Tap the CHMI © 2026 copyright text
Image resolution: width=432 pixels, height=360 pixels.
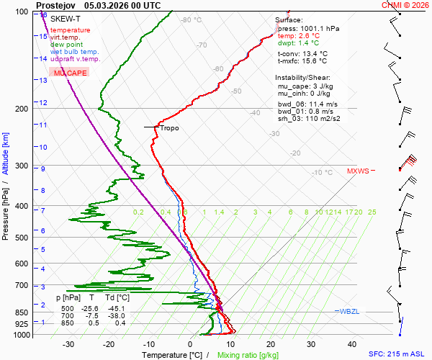click(x=405, y=4)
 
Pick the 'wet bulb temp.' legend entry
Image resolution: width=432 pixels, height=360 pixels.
click(x=75, y=52)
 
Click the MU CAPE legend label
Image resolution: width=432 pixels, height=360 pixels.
click(x=70, y=73)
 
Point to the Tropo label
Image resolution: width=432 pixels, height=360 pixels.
click(x=169, y=128)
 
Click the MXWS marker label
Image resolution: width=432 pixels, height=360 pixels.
click(x=358, y=171)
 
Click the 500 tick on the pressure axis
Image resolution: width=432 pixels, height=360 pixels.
click(x=21, y=238)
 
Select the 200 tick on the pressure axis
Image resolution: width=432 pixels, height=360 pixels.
click(x=21, y=109)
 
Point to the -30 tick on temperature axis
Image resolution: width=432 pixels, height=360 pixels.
click(x=69, y=344)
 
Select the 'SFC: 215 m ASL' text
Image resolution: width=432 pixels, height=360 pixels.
click(x=397, y=355)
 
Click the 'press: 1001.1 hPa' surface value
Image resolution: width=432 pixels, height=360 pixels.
click(x=308, y=28)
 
